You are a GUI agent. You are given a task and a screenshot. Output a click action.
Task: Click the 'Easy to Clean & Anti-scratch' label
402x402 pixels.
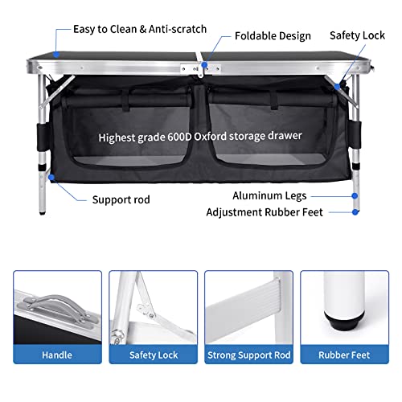(140, 29)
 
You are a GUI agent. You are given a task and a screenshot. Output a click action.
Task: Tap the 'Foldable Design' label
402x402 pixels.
(273, 36)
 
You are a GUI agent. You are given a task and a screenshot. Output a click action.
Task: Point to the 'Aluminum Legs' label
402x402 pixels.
(308, 196)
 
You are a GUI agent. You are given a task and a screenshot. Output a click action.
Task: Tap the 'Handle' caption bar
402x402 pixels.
(57, 354)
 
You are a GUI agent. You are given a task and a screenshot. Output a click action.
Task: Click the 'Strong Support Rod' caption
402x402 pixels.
(248, 354)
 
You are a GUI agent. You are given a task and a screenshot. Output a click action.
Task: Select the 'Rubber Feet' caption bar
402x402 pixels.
(344, 354)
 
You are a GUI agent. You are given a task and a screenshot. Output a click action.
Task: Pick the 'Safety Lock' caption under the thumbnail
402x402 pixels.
(153, 354)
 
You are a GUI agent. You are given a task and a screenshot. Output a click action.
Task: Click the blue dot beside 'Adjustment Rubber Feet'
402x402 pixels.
(355, 213)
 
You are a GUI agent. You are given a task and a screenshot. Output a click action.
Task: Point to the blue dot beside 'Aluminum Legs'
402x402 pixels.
(355, 196)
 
